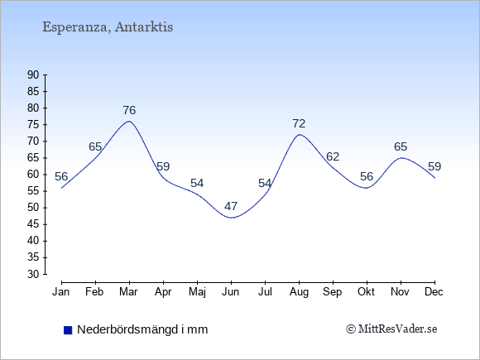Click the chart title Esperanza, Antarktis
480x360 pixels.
[x=108, y=27]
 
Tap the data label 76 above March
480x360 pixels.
[x=129, y=110]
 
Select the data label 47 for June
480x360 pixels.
[x=231, y=206]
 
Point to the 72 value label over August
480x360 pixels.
[x=299, y=123]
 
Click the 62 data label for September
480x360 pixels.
[x=333, y=156]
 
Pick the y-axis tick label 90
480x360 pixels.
[x=33, y=74]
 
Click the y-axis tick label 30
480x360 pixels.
[x=33, y=274]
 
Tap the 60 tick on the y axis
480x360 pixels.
[x=33, y=175]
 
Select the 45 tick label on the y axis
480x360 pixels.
[x=33, y=224]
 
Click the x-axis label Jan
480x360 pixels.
[x=61, y=292]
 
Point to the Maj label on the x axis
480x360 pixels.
[x=197, y=292]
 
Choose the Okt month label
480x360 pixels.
[x=366, y=292]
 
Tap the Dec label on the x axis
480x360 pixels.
[x=434, y=292]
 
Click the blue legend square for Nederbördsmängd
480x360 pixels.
[x=68, y=330]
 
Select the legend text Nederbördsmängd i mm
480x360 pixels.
[x=142, y=329]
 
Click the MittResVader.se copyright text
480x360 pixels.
[x=391, y=329]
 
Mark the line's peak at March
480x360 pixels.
[x=129, y=121]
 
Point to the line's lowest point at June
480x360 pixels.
[x=231, y=218]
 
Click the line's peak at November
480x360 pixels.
[x=401, y=158]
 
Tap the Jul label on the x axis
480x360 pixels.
[x=265, y=292]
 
